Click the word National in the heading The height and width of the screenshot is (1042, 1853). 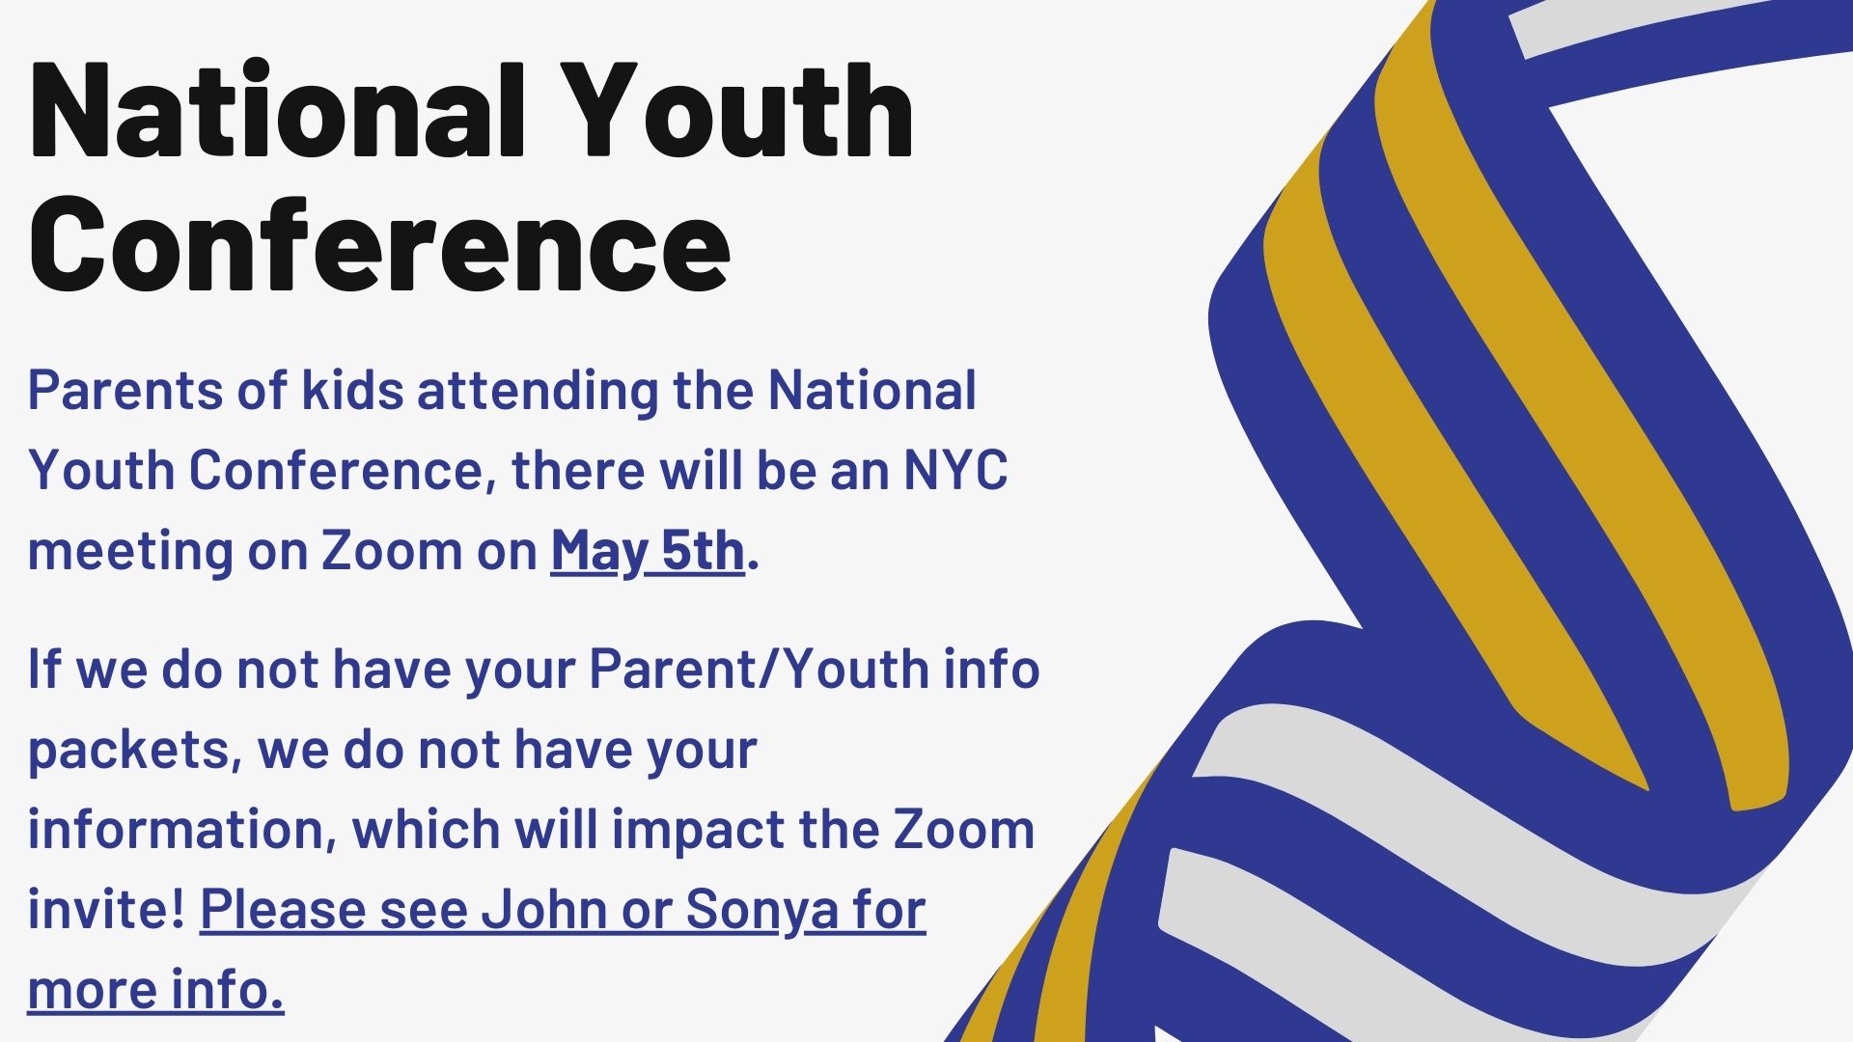277,109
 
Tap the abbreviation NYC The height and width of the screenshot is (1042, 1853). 955,470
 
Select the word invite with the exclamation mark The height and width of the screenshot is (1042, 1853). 106,909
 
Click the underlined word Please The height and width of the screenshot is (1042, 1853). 283,909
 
